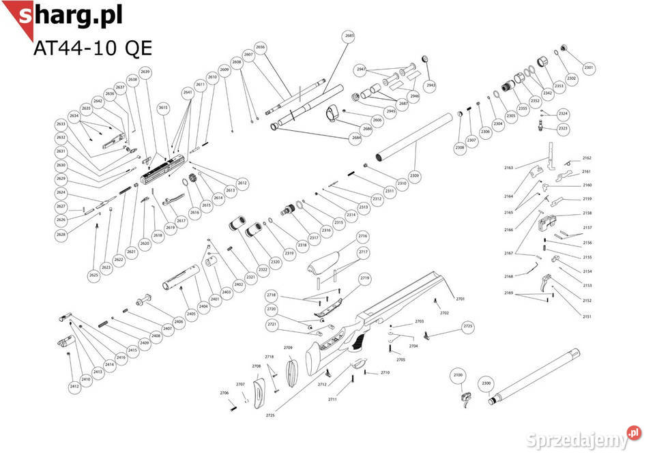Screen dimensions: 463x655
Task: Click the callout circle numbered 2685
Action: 349,35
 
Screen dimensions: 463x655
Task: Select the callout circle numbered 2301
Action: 589,68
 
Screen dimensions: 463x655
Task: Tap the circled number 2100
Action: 458,375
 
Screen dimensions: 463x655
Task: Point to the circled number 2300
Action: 486,383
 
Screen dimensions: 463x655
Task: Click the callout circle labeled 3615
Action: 162,108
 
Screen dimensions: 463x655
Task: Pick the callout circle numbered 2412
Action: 74,387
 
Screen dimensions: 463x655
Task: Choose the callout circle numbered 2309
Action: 415,176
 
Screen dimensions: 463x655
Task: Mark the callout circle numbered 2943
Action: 430,85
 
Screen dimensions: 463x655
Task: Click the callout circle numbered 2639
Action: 145,72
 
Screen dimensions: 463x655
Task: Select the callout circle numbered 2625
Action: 93,275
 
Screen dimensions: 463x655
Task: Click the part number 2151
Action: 587,316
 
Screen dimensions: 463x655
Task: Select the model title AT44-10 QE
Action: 92,48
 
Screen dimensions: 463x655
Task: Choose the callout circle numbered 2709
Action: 288,348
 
